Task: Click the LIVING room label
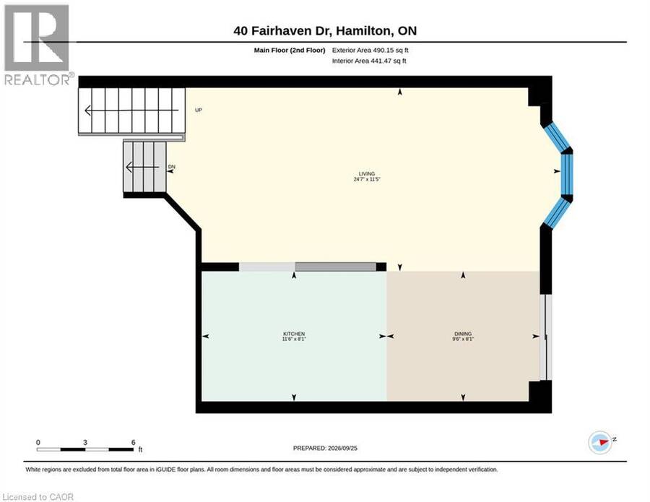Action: [367, 174]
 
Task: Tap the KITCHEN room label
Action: [294, 334]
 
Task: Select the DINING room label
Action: [463, 334]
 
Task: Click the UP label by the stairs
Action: [199, 110]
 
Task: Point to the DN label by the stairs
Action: [172, 167]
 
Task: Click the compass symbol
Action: [601, 442]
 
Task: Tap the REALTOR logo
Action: [38, 45]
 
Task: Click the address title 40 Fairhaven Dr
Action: [282, 30]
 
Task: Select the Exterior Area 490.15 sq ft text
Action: [370, 50]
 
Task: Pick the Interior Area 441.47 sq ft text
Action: [369, 61]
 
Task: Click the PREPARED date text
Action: [325, 448]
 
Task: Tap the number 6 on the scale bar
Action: [133, 442]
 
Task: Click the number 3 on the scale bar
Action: [85, 442]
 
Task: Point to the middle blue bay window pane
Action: [567, 174]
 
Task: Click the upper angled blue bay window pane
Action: [557, 137]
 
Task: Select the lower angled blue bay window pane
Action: [557, 212]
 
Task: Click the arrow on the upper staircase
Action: [131, 111]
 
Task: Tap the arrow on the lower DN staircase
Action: [142, 167]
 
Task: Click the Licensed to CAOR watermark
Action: [38, 497]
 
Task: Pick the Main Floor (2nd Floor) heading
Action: [290, 50]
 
